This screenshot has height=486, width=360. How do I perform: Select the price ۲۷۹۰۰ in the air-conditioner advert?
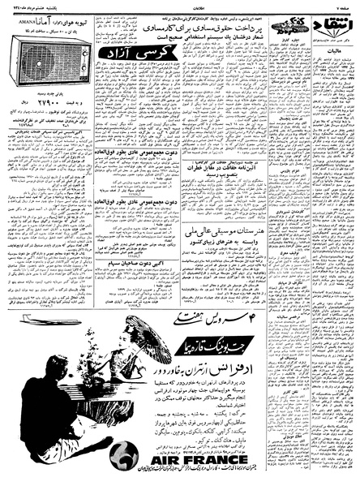(35, 105)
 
